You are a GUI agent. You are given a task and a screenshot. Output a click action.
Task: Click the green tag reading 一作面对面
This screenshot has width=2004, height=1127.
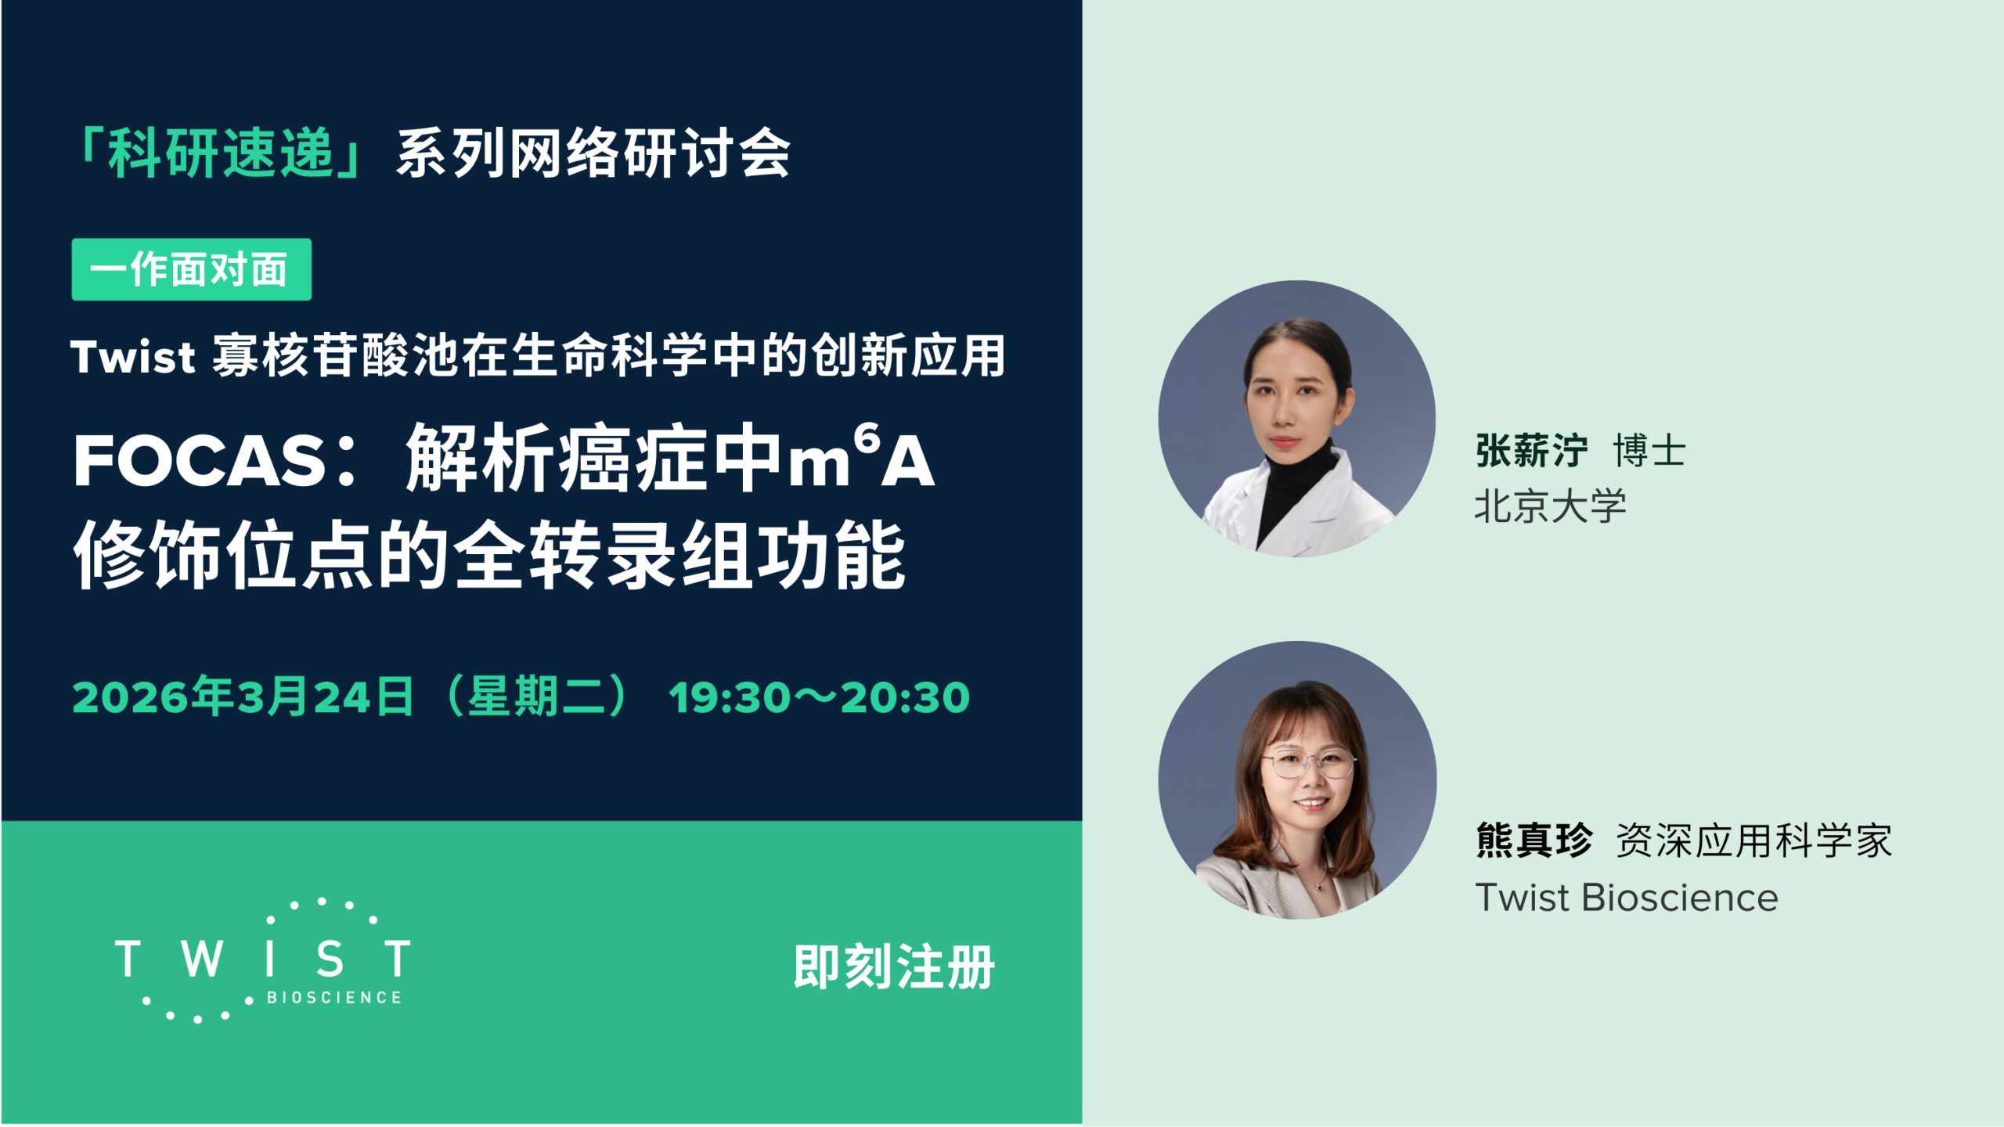191,269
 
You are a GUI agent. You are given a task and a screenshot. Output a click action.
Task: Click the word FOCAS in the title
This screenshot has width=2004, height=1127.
200,461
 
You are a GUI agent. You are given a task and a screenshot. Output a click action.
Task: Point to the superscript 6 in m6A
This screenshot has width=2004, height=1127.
867,438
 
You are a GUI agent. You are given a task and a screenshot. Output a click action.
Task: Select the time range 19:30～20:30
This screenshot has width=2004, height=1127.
819,697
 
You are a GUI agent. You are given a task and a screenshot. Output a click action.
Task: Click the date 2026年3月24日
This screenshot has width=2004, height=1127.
243,697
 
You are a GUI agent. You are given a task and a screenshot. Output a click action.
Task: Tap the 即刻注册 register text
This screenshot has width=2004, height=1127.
894,967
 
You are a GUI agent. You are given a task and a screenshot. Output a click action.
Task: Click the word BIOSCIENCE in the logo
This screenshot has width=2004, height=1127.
334,998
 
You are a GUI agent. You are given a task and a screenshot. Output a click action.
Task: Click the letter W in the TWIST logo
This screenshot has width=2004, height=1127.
202,959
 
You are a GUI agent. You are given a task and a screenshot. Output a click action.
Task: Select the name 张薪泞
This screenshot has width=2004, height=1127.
1531,451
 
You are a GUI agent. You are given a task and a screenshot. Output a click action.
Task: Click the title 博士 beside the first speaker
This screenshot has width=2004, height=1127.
1649,451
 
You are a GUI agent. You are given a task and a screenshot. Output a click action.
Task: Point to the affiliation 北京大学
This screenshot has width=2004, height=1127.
1550,506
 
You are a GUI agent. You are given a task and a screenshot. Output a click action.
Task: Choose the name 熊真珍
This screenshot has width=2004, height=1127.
1534,841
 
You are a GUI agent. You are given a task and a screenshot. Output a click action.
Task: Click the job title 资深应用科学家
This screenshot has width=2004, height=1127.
1753,841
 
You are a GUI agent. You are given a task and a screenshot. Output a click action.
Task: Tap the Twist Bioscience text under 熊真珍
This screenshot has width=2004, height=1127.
1626,898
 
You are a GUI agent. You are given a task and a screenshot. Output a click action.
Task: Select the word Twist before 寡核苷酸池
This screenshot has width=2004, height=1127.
132,357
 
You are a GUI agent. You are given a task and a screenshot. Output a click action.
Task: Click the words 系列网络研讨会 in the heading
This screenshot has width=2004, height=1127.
593,153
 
